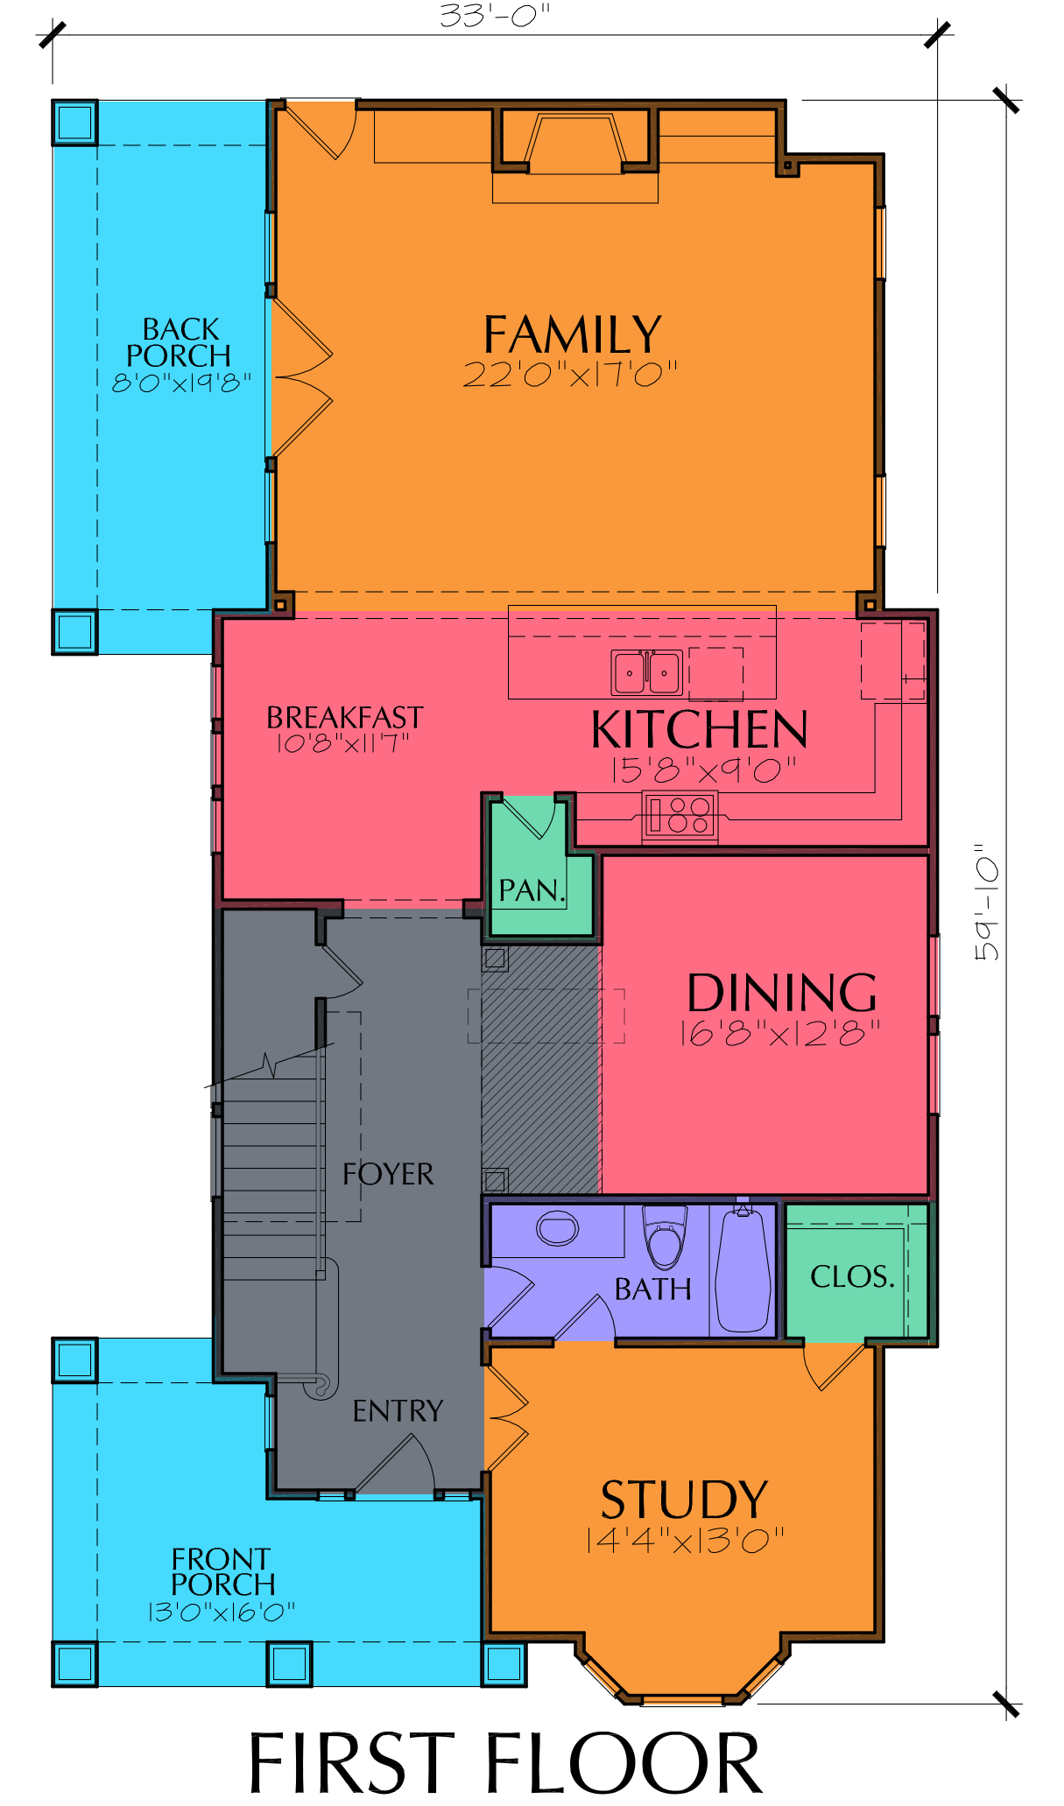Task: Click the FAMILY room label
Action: pyautogui.click(x=573, y=334)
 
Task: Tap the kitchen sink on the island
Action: pyautogui.click(x=647, y=673)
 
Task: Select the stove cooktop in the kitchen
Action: pyautogui.click(x=680, y=815)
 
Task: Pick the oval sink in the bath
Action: pyautogui.click(x=558, y=1227)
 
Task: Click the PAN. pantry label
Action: pyautogui.click(x=532, y=890)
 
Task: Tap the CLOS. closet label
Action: pyautogui.click(x=853, y=1276)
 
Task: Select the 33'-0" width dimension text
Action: pyautogui.click(x=495, y=16)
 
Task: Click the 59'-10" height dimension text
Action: pyautogui.click(x=986, y=903)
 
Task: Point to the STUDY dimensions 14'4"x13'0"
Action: pyautogui.click(x=685, y=1540)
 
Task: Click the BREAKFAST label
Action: pyautogui.click(x=345, y=718)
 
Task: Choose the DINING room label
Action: pyautogui.click(x=782, y=993)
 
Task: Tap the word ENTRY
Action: pyautogui.click(x=398, y=1410)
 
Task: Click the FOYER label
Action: pyautogui.click(x=388, y=1174)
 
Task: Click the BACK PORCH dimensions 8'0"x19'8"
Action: pyautogui.click(x=181, y=383)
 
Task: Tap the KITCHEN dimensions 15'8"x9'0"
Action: pyautogui.click(x=704, y=769)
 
